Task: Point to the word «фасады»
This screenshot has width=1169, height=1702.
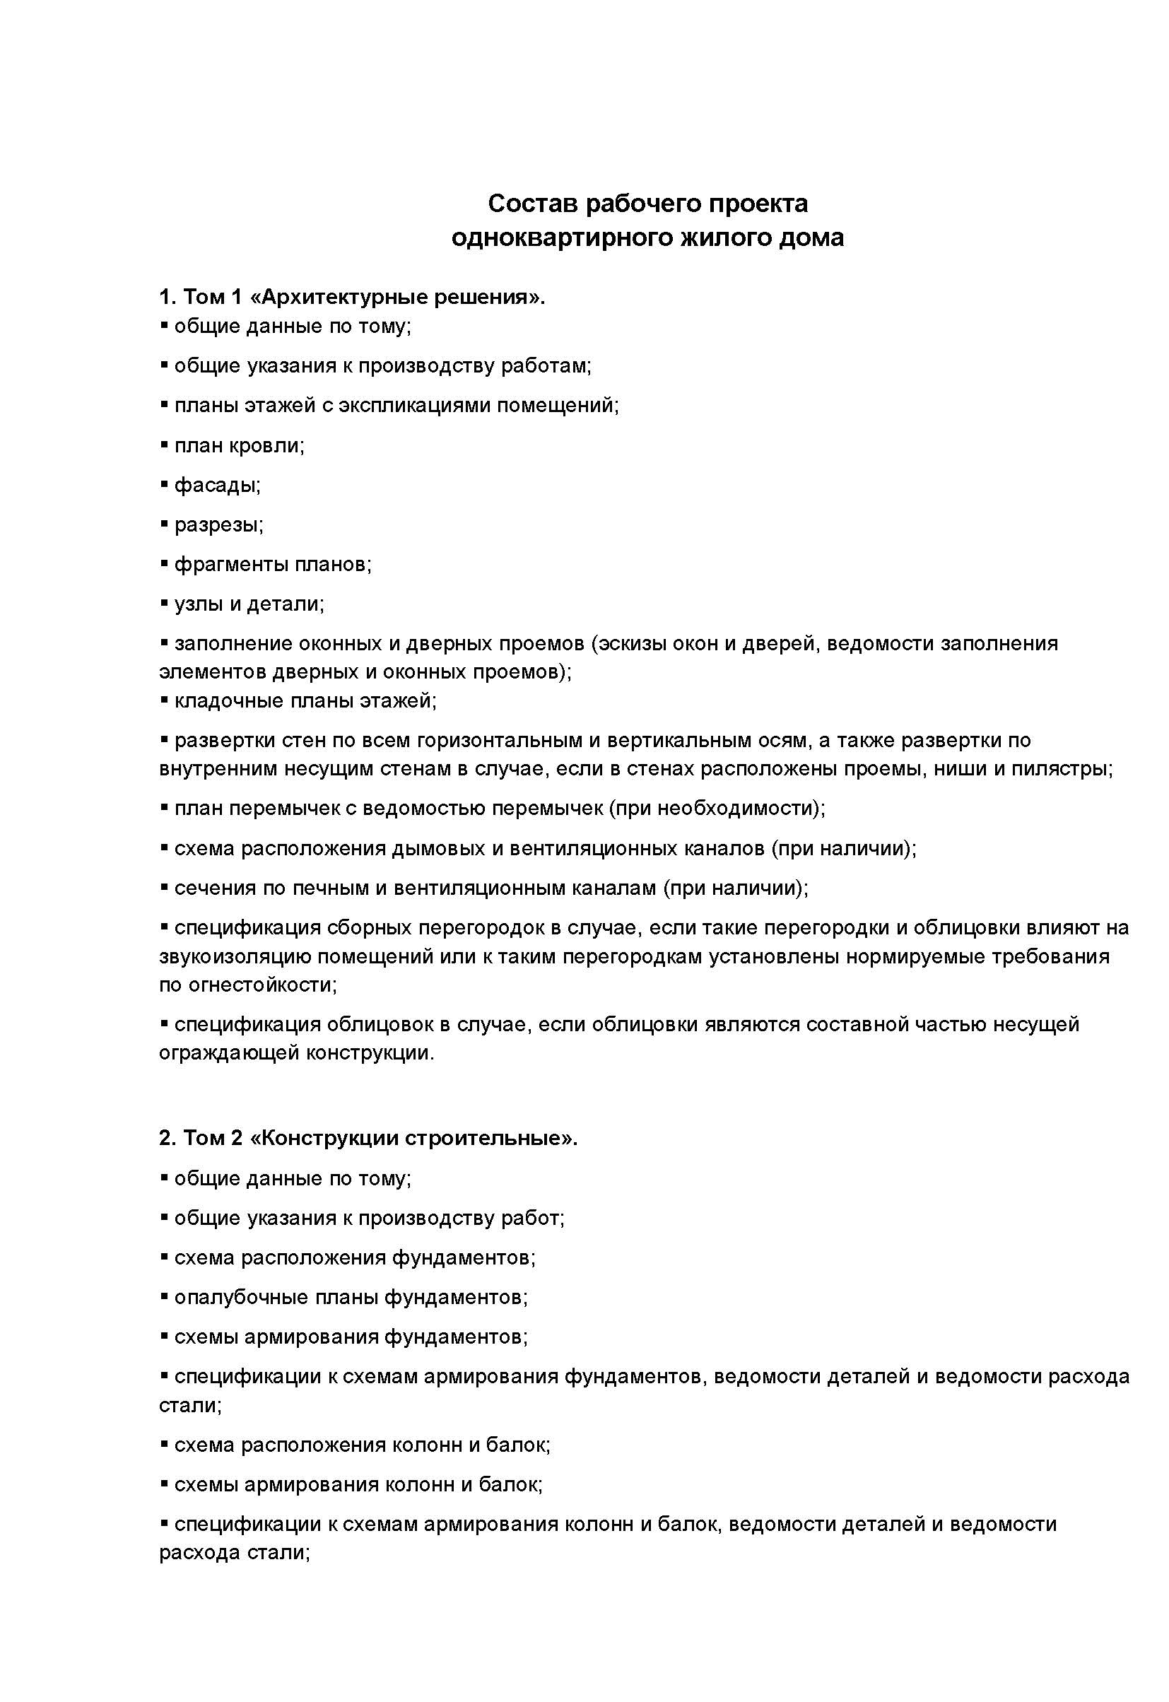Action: [217, 485]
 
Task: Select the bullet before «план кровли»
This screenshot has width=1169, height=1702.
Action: [164, 445]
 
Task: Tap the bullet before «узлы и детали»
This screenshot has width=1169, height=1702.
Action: [164, 603]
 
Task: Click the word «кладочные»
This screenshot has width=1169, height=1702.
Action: [228, 701]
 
